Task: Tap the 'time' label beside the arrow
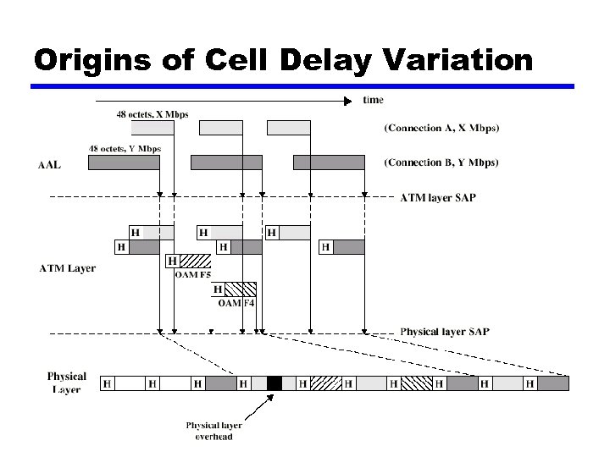pos(373,100)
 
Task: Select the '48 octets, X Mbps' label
pos(152,114)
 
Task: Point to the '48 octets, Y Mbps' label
pos(125,149)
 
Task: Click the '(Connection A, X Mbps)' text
pos(441,129)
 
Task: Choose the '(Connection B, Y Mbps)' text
pos(441,162)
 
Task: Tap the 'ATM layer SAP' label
pos(437,198)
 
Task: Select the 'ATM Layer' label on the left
pos(68,269)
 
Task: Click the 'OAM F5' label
pos(192,273)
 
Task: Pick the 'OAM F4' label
pos(236,302)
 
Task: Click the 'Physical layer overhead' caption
pos(214,431)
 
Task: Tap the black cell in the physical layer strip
pos(274,383)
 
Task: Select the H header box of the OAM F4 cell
pos(218,289)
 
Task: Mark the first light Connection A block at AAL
pos(152,128)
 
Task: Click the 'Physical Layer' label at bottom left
pos(67,383)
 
